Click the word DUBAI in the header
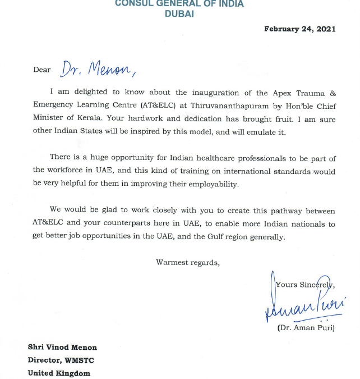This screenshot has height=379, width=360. coord(179,14)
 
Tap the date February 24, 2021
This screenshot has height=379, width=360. coord(300,29)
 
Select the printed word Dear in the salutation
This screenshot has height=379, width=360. coord(41,70)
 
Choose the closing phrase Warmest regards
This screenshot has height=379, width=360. coord(187,262)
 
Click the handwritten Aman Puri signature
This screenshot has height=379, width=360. coord(303,308)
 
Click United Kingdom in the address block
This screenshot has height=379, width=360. coord(59,373)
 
